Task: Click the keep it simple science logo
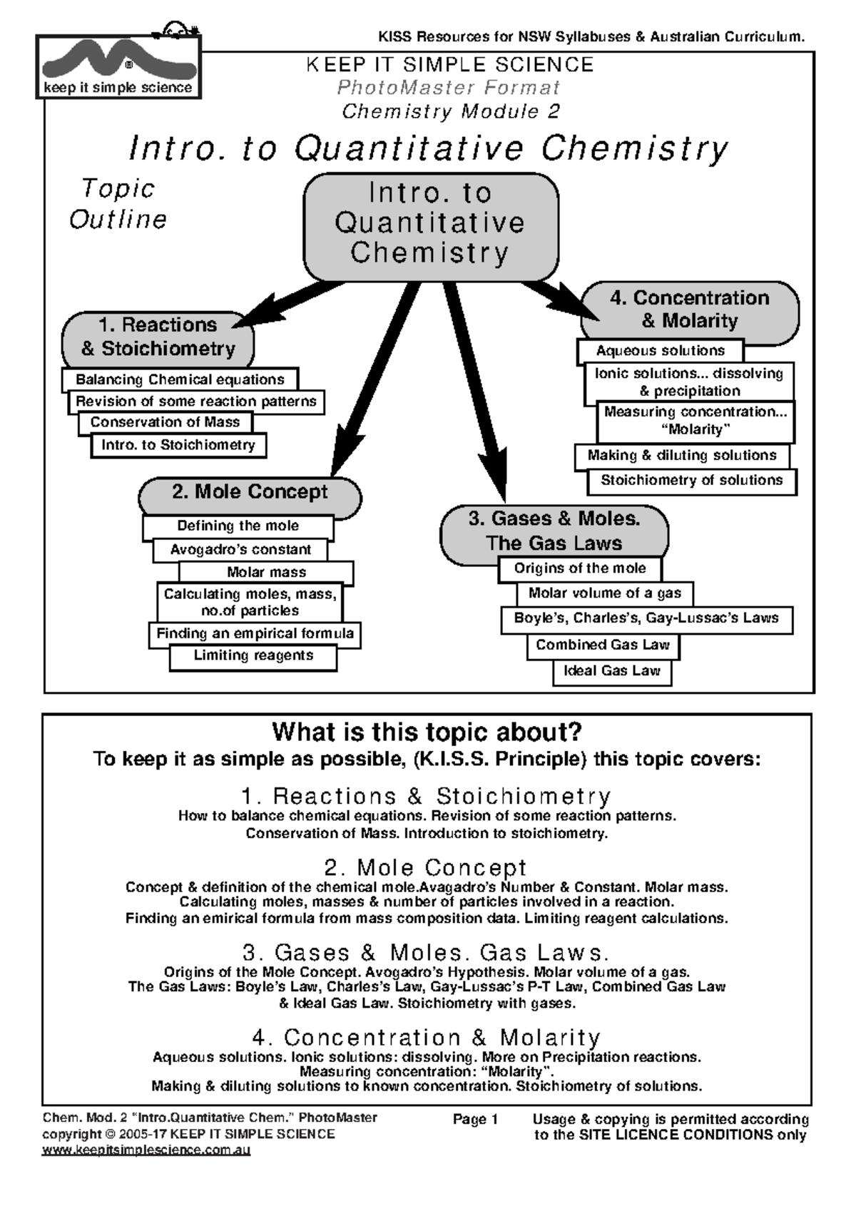click(x=118, y=68)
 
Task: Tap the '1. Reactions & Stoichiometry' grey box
click(x=158, y=337)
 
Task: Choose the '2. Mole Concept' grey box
click(x=249, y=493)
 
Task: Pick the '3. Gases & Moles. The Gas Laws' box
click(x=554, y=531)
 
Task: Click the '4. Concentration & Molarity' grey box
click(x=689, y=310)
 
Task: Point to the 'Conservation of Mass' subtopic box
click(x=165, y=422)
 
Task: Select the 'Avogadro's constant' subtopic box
click(x=240, y=550)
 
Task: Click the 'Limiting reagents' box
click(x=253, y=656)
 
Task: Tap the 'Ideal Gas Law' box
click(x=612, y=671)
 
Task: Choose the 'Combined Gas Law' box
click(x=603, y=645)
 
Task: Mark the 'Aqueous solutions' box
click(x=660, y=351)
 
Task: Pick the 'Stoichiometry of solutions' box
click(x=691, y=481)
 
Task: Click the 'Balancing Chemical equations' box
click(x=180, y=380)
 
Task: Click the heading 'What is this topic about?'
click(x=427, y=732)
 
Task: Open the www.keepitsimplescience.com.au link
click(x=146, y=1150)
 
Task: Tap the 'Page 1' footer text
click(x=475, y=1120)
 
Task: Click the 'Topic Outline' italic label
click(x=118, y=204)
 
